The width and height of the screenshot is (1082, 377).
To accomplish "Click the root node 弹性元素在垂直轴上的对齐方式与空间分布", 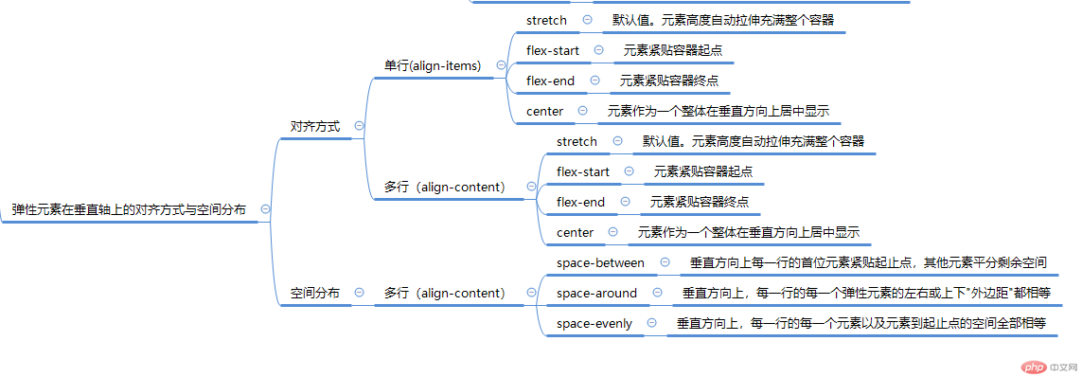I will click(129, 210).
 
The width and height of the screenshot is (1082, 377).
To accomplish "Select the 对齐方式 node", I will click(315, 126).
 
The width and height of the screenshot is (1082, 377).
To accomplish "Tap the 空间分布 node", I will click(315, 294).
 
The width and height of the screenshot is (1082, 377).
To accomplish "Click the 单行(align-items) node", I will click(433, 65).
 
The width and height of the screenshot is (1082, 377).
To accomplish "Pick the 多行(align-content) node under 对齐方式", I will click(444, 188).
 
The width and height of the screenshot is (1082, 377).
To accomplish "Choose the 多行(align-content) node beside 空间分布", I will click(444, 294).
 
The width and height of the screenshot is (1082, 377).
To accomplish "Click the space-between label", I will click(600, 262).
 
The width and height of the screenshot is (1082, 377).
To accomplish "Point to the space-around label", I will click(596, 294).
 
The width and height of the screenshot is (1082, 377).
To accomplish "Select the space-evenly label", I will click(594, 324).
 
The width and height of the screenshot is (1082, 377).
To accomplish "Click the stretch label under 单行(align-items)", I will click(546, 20).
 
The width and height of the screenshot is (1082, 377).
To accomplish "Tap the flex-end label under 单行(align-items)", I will click(551, 81).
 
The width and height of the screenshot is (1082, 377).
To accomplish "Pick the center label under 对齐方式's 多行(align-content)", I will click(576, 232).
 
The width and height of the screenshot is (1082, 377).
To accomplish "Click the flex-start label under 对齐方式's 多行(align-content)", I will click(583, 171).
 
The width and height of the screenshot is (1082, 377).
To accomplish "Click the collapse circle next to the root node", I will click(266, 210).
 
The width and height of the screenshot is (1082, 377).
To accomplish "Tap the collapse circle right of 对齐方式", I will click(359, 126).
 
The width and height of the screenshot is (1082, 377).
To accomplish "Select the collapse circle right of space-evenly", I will click(652, 324).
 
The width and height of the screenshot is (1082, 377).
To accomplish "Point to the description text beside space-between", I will click(868, 262).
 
